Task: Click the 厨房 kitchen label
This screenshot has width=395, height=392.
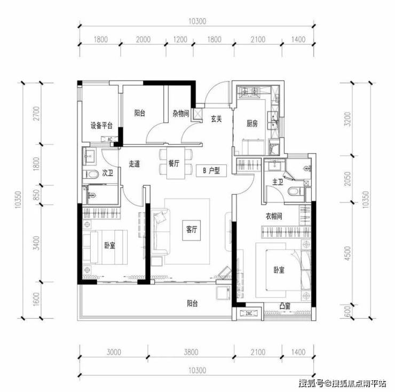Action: coord(252,123)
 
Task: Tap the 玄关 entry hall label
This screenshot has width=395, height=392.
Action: coord(216,119)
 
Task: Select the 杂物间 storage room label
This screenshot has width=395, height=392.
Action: coord(180,113)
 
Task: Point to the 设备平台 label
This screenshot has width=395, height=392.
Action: coord(101,126)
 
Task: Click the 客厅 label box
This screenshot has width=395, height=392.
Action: coord(192,230)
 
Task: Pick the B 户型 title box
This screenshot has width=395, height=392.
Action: coord(211,171)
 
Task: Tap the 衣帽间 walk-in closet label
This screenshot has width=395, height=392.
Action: coord(274,216)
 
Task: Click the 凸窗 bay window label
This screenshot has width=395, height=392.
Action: coord(285,306)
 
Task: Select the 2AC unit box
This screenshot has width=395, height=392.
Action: coord(249,313)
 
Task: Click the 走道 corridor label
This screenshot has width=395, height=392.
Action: coord(135,164)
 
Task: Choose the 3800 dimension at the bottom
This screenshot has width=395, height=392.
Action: coord(191,352)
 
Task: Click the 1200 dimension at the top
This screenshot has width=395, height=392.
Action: coord(180,40)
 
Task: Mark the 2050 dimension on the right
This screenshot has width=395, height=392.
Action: coord(347,179)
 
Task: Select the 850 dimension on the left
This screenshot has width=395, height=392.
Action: coord(37,195)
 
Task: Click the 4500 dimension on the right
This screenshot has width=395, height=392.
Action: coord(347,253)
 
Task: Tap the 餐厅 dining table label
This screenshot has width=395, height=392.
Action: coord(174,163)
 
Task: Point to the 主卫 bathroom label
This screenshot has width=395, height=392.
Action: coord(278,182)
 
